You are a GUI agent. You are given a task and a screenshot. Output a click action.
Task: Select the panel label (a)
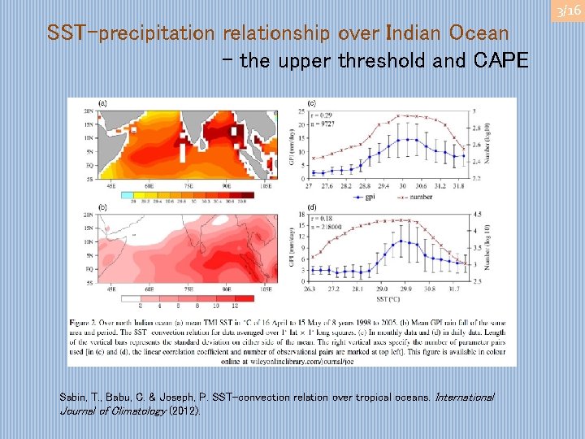tap(103, 103)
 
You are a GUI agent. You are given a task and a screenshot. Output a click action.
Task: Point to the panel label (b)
tap(103, 207)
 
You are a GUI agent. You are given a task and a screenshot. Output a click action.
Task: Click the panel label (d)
tap(312, 207)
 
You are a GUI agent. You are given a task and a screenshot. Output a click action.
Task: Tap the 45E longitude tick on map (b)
tap(106, 289)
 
